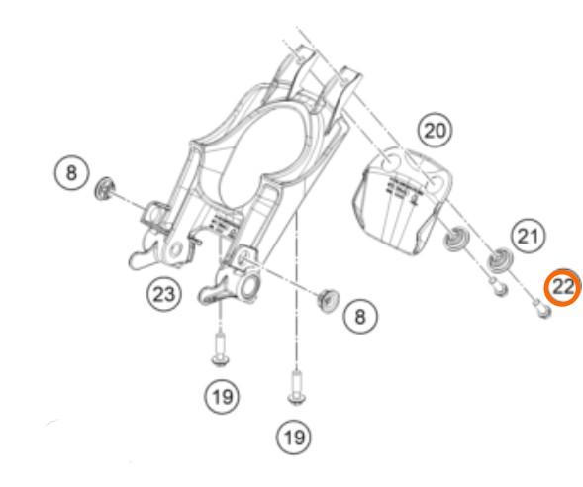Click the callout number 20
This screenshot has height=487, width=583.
[435, 130]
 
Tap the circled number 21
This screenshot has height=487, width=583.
[529, 236]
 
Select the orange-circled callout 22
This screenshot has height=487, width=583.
[563, 287]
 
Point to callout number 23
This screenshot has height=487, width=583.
[164, 294]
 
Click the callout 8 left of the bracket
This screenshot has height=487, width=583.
[71, 173]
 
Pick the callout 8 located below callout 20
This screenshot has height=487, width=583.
[360, 317]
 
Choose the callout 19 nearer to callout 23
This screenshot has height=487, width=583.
[222, 397]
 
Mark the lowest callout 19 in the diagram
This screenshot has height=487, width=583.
[294, 438]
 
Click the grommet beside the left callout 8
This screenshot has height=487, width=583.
[105, 188]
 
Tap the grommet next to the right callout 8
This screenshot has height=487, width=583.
[329, 300]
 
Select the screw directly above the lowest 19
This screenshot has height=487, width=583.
[297, 387]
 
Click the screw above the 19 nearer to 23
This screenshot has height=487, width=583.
[220, 349]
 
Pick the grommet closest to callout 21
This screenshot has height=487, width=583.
[500, 260]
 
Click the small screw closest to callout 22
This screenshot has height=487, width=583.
[542, 309]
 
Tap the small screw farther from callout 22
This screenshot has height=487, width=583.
[499, 287]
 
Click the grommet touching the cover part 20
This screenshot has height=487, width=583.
[456, 239]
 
